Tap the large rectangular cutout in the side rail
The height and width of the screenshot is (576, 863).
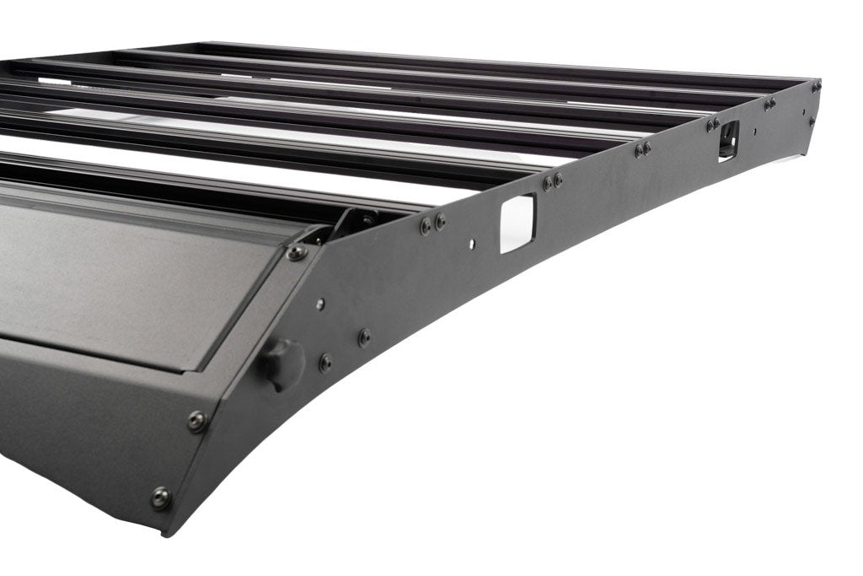pyautogui.click(x=517, y=223)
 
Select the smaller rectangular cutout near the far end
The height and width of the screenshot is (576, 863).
pyautogui.click(x=728, y=138)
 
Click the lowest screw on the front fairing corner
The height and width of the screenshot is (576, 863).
pyautogui.click(x=160, y=498)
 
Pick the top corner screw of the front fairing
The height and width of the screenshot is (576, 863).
pyautogui.click(x=297, y=252)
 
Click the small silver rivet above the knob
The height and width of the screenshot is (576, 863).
pyautogui.click(x=321, y=304)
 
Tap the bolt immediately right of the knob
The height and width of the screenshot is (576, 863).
pyautogui.click(x=324, y=362)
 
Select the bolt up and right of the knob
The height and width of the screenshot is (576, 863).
pyautogui.click(x=363, y=337)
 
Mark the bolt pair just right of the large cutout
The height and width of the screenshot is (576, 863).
pyautogui.click(x=553, y=180)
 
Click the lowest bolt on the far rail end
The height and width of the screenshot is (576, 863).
pyautogui.click(x=812, y=121)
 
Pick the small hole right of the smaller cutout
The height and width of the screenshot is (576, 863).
pyautogui.click(x=754, y=132)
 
